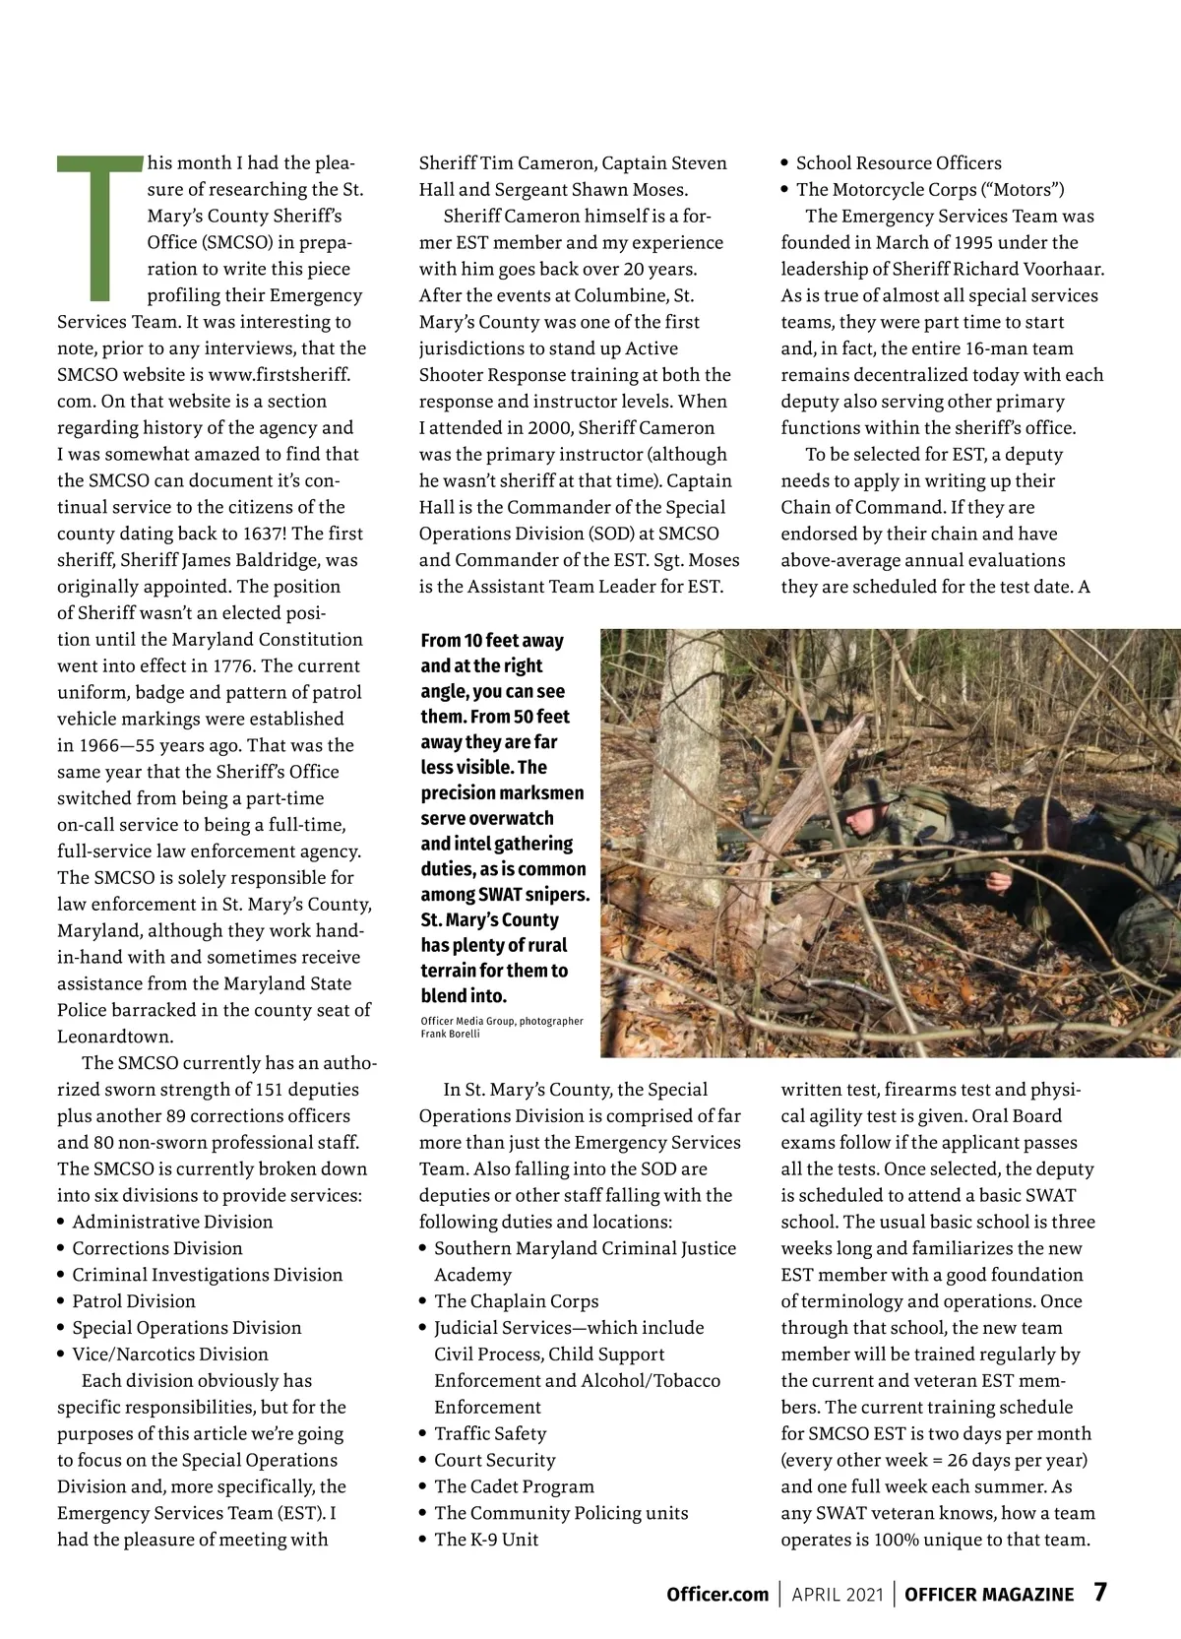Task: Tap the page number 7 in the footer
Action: [x=1100, y=1593]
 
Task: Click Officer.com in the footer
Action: [x=716, y=1595]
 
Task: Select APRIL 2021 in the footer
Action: [x=838, y=1595]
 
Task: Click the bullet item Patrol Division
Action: [x=134, y=1300]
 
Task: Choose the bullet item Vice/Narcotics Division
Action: [x=170, y=1354]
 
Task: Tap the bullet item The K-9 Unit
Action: [x=486, y=1539]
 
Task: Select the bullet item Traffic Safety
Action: [x=490, y=1433]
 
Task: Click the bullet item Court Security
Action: [x=495, y=1460]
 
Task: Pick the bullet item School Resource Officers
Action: [x=899, y=163]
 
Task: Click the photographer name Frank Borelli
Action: [x=451, y=1034]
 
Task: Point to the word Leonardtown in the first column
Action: [x=115, y=1037]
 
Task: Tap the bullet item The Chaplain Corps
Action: [x=517, y=1300]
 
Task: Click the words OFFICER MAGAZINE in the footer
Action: [x=989, y=1595]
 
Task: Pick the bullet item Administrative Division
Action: [x=172, y=1222]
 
